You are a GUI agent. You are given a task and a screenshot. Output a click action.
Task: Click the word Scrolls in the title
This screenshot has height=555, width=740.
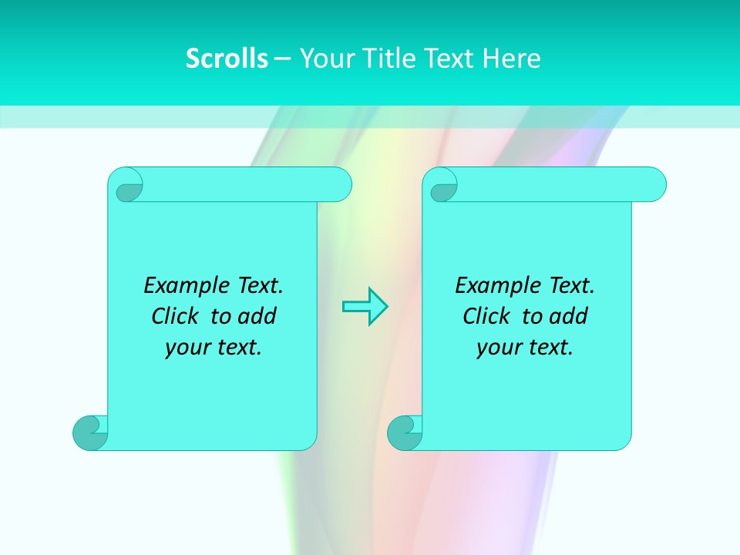(227, 59)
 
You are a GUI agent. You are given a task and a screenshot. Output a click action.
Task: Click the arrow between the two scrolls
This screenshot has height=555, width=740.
(365, 307)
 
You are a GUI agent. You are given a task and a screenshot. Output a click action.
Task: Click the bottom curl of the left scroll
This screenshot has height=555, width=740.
(90, 432)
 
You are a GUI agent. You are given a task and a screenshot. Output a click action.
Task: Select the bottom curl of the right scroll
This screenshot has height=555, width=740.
(405, 432)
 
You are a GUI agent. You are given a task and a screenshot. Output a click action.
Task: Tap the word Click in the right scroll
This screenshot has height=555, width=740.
(485, 317)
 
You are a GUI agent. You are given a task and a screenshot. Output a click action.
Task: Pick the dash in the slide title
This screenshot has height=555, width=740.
(283, 59)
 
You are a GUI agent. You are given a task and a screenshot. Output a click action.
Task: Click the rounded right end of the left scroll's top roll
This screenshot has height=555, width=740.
(342, 184)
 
